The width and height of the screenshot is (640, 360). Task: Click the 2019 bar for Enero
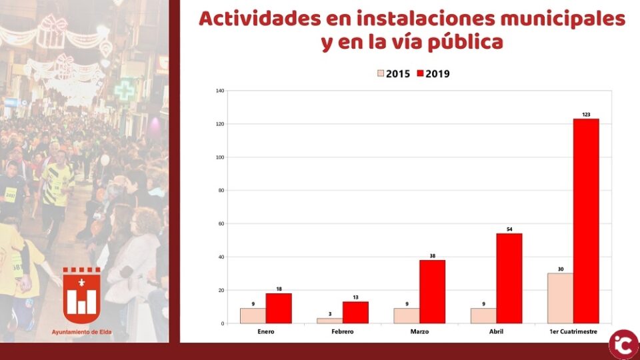279,309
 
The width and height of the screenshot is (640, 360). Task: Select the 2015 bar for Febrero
329,321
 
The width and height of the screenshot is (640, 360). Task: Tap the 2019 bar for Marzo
432,292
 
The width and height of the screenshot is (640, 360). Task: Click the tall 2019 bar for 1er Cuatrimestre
586,221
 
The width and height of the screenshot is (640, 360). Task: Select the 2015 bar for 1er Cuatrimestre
560,299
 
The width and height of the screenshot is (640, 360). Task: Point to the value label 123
586,115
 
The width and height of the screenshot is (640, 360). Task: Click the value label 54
509,229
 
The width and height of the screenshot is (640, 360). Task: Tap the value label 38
432,255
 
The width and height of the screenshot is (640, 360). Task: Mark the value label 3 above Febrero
329,313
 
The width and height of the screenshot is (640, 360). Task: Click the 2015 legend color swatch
381,73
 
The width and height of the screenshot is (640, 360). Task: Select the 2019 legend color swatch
421,73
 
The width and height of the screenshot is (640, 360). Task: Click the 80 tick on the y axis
221,191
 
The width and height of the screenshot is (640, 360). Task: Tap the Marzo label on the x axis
419,331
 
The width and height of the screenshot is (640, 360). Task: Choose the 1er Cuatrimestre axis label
573,331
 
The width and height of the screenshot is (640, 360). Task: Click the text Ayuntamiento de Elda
82,331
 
